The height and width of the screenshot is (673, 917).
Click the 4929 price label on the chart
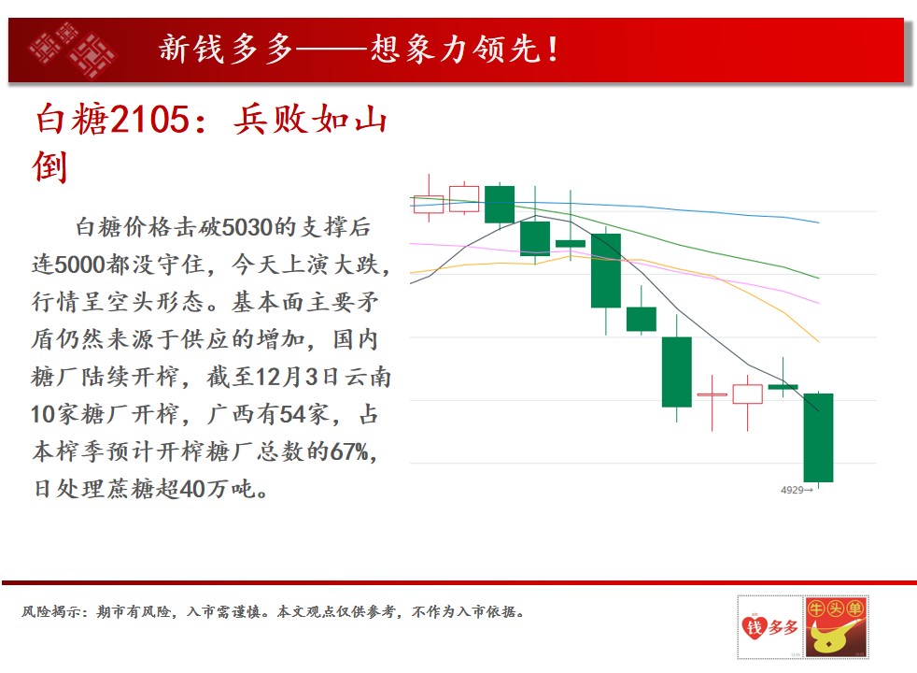(792, 490)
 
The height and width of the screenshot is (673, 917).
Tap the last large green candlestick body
(818, 437)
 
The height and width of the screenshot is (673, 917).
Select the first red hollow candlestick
(428, 205)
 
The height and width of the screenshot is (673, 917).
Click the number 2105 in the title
(149, 120)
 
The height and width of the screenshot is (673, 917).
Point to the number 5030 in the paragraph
(248, 227)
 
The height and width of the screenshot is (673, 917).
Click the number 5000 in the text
(79, 265)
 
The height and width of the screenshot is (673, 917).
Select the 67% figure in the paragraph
(348, 451)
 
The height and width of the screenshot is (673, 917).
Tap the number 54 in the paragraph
(293, 414)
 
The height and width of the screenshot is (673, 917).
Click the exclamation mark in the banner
(553, 49)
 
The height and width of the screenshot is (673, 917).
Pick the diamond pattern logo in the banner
(73, 50)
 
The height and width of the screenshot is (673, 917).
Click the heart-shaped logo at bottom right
(755, 627)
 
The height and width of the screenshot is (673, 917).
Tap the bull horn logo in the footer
(836, 627)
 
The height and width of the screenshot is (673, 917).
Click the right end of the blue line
(819, 222)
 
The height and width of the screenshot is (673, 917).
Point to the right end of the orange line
(819, 341)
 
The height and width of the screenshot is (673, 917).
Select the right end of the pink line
(819, 303)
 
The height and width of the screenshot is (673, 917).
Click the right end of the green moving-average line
(819, 278)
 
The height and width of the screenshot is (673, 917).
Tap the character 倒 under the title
(49, 166)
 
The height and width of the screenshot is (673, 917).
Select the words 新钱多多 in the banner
(226, 49)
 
